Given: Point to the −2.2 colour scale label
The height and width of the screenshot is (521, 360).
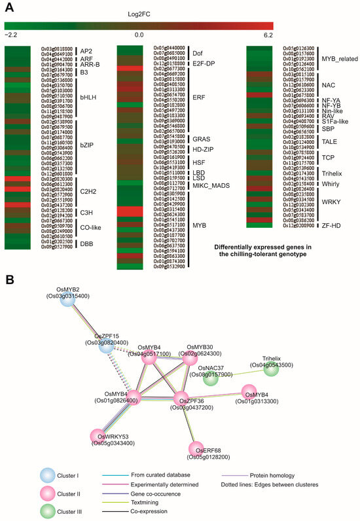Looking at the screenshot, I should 11,35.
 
